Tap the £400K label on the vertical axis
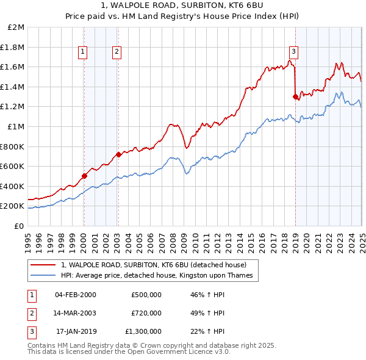click(13, 186)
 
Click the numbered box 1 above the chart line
click(82, 52)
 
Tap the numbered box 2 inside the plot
click(116, 52)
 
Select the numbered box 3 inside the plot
click(293, 52)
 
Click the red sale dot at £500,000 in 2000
click(85, 176)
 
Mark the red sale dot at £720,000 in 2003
click(119, 154)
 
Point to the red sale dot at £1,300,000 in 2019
click(295, 96)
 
